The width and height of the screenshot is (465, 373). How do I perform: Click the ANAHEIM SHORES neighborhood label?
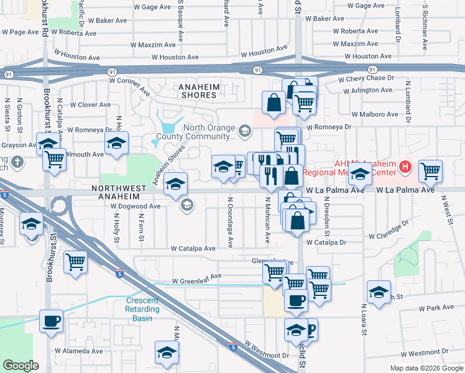click(198, 90)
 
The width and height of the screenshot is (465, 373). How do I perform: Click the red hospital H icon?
click(405, 166)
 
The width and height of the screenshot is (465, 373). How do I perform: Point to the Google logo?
click(21, 366)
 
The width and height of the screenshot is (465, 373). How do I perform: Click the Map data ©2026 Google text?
click(426, 368)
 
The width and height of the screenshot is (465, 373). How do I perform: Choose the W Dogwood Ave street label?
click(136, 206)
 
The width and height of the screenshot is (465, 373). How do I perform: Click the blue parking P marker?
click(309, 328)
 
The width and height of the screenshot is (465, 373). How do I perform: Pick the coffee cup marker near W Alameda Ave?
click(51, 322)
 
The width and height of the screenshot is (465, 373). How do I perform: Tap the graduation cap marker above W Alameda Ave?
click(165, 352)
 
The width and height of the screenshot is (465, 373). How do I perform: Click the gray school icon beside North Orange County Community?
click(246, 131)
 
